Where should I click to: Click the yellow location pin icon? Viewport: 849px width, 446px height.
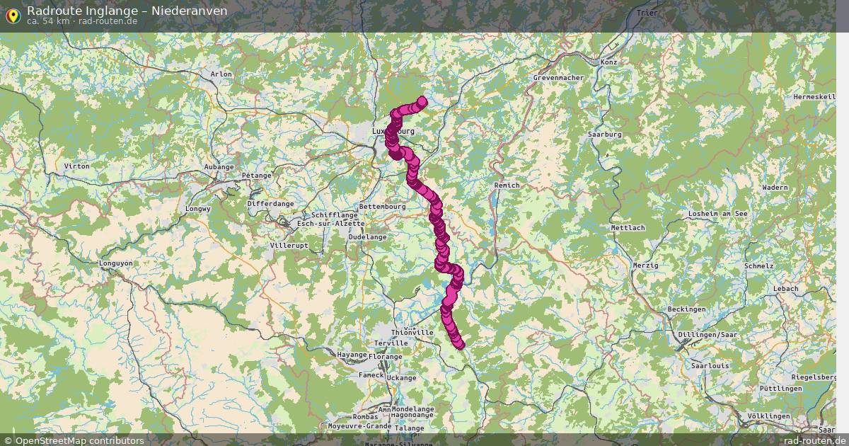[13, 14]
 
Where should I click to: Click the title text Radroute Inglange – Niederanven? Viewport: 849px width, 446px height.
[127, 11]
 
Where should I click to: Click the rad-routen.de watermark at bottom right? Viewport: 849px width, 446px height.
[814, 440]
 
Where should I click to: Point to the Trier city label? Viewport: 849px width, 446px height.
[647, 13]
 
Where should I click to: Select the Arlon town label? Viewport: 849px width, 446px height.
[221, 74]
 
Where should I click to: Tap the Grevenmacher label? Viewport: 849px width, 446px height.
[558, 77]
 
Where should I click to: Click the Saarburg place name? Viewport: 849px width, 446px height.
[604, 134]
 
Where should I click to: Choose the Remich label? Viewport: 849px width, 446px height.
[507, 185]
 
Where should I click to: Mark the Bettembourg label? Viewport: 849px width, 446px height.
[383, 206]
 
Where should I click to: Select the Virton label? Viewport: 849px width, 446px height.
[76, 166]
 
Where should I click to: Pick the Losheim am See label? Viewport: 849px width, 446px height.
[718, 213]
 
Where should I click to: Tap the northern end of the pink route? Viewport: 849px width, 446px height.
[422, 101]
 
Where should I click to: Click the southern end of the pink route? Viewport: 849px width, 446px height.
[460, 345]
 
